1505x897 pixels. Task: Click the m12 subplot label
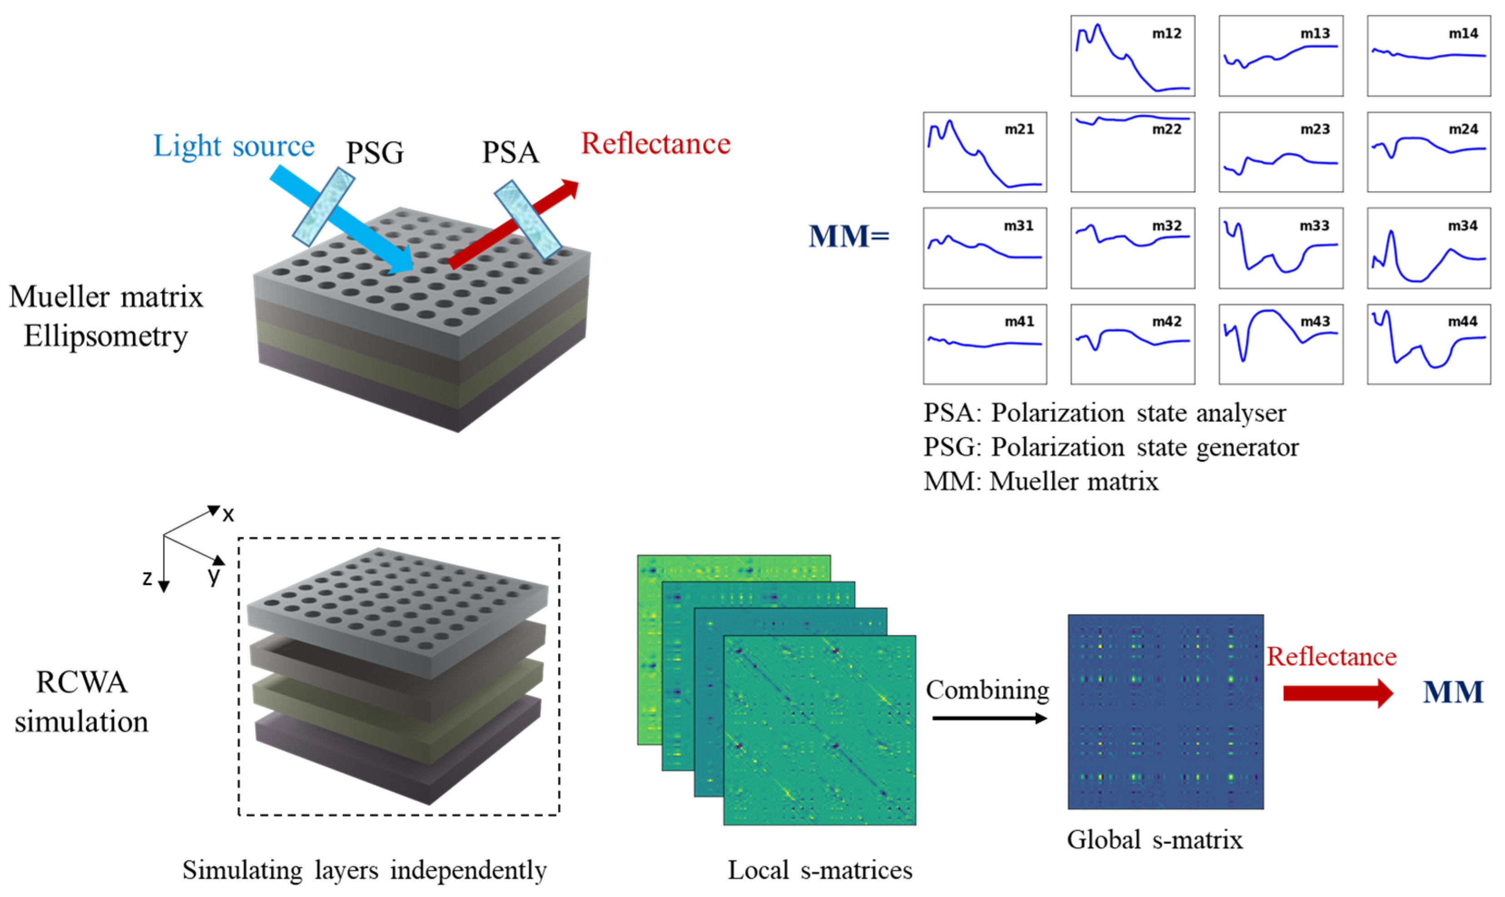1166,34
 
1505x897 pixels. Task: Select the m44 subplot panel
1428,344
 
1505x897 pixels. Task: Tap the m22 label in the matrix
1166,129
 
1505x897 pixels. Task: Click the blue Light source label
233,146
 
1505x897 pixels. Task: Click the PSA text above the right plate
510,152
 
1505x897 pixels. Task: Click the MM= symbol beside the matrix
849,236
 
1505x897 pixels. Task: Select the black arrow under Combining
989,718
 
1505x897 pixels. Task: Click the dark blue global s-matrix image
1165,711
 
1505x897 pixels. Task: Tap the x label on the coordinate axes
228,515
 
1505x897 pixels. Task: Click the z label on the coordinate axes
147,578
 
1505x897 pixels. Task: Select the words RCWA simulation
82,702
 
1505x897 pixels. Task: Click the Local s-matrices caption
819,870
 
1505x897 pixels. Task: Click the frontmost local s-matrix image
819,730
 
